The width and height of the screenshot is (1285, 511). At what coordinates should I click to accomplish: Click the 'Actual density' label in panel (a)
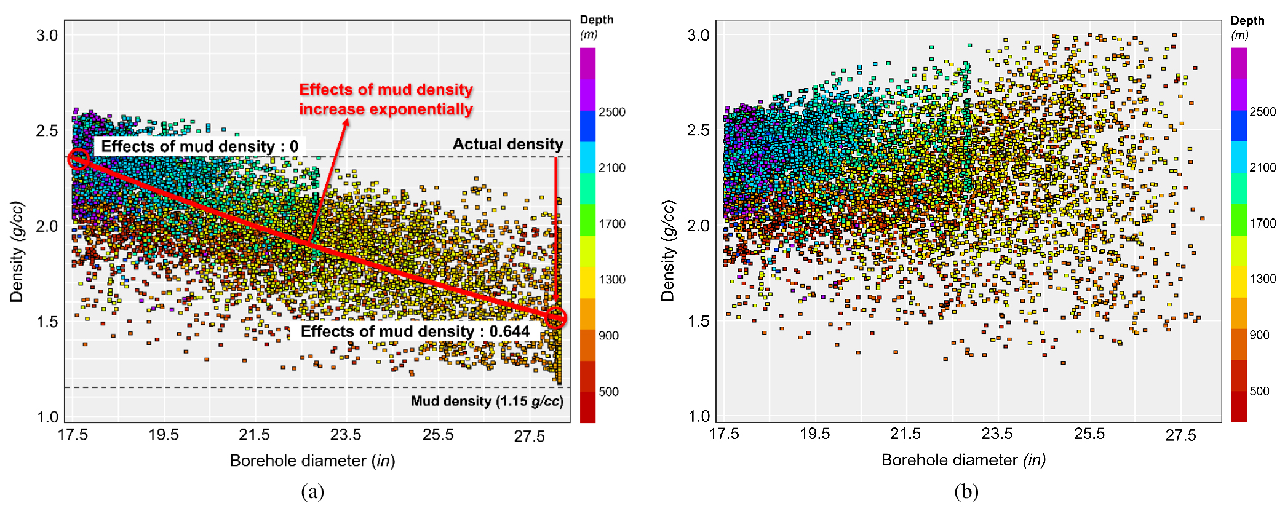point(507,144)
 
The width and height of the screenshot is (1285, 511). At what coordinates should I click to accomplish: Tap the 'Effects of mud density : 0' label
point(199,146)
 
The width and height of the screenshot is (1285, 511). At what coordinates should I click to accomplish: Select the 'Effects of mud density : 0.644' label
point(415,331)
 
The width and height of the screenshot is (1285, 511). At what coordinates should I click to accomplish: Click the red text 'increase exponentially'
point(386,109)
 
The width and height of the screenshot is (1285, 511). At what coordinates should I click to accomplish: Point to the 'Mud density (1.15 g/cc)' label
point(487,401)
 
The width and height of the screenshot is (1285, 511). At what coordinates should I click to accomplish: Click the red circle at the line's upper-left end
point(78,159)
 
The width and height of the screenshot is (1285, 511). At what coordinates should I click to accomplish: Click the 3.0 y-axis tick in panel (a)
point(47,35)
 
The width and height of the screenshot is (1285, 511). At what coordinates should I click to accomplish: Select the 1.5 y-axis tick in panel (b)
point(698,321)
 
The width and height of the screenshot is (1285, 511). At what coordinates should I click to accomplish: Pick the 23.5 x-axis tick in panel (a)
point(346,435)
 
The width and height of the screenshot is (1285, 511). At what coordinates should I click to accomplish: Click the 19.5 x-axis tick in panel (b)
point(814,434)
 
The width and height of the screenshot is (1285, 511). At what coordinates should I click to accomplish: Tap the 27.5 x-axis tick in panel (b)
point(1180,435)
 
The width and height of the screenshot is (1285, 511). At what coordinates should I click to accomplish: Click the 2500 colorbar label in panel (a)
point(611,112)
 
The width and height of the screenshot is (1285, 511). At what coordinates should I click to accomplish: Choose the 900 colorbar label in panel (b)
point(1259,335)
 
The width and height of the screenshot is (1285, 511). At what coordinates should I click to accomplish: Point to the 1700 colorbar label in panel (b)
point(1262,223)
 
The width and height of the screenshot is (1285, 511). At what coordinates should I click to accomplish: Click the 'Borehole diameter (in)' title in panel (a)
point(312,461)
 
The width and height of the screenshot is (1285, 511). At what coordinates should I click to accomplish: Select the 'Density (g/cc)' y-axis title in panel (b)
point(668,251)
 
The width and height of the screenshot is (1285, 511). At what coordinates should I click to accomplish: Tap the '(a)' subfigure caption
point(312,491)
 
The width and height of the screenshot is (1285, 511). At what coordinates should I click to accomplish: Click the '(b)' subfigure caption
point(966,491)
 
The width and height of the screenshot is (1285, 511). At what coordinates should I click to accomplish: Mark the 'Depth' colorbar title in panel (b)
point(1247,20)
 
